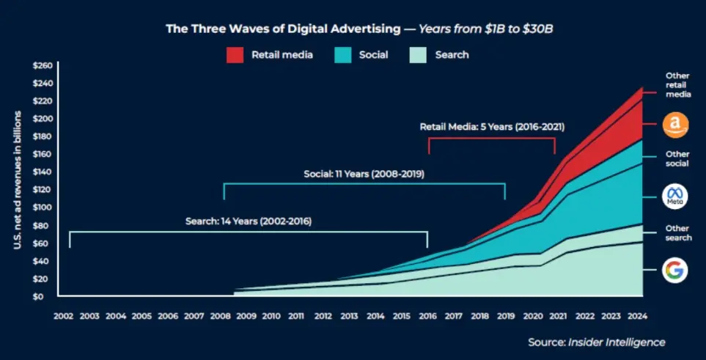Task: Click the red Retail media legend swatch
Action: click(x=234, y=55)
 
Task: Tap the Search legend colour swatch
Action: click(x=417, y=55)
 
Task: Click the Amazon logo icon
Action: click(x=674, y=125)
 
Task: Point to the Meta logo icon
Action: click(x=674, y=196)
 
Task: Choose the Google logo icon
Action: click(x=674, y=270)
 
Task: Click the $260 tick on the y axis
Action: click(x=43, y=66)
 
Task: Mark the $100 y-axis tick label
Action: click(x=43, y=207)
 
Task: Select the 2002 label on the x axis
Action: click(x=63, y=316)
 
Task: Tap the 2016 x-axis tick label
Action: click(x=427, y=316)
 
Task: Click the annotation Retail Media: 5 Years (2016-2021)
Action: click(x=492, y=126)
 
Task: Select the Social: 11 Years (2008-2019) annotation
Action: click(x=364, y=174)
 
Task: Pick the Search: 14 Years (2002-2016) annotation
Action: click(x=248, y=221)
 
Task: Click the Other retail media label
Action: click(x=677, y=85)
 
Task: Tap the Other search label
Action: click(x=677, y=233)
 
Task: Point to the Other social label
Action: click(x=677, y=159)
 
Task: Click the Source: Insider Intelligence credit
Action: click(x=596, y=342)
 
